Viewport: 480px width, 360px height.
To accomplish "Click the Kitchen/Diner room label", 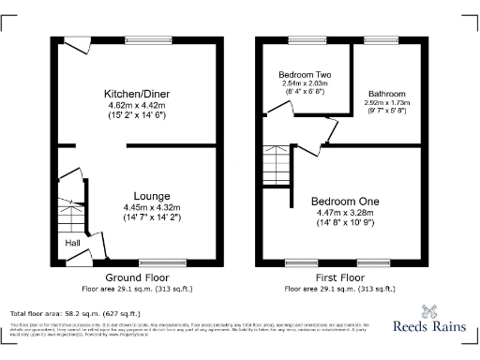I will pos(136,94).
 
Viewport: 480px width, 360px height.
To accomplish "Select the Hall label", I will pos(72,243).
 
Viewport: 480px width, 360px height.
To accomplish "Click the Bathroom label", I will pos(386,94).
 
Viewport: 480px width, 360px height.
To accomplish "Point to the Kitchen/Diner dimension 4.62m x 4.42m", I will pos(136,105).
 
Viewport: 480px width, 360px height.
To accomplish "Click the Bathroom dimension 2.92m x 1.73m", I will pos(386,104).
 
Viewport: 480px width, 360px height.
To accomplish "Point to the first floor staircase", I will pos(275,168).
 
